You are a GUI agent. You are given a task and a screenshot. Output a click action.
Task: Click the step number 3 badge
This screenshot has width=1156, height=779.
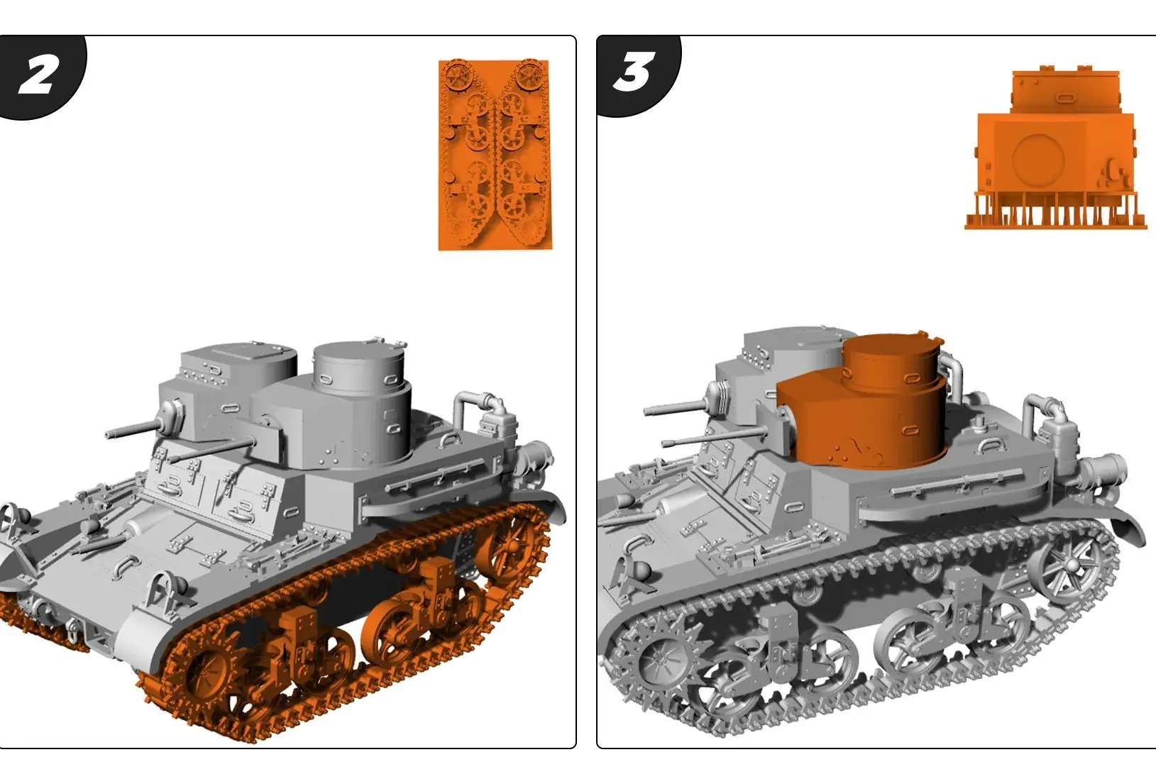634,72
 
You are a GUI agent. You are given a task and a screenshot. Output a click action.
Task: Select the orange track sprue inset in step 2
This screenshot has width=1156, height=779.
495,155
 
